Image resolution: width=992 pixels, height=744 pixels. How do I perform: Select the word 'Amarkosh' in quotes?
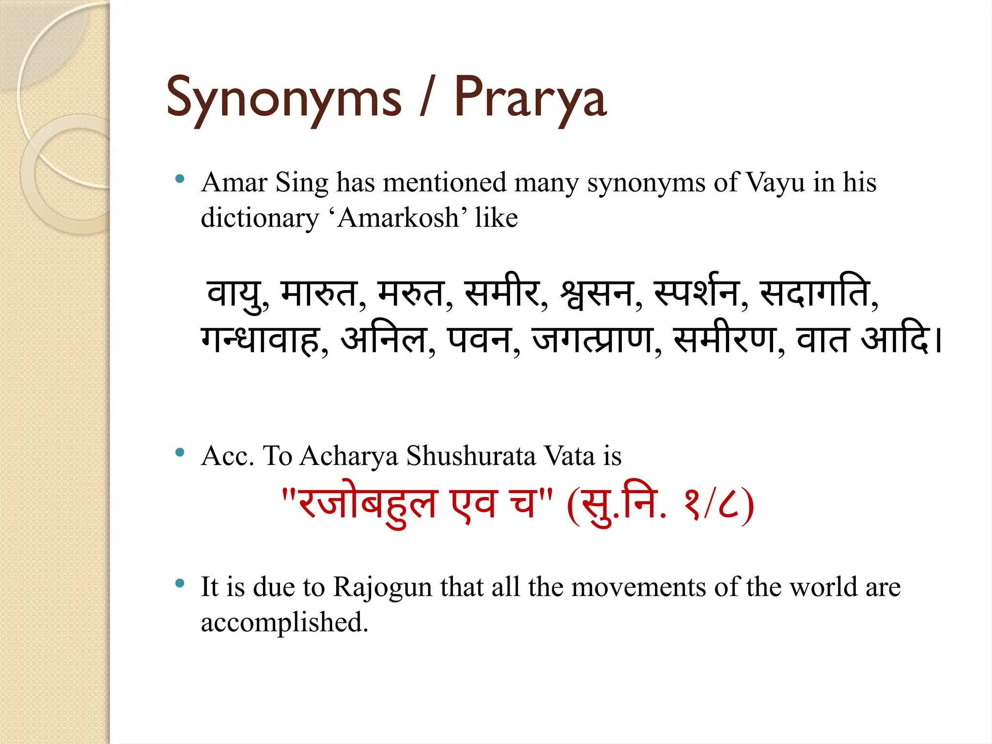coord(398,218)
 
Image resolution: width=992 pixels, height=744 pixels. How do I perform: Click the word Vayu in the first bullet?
coord(775,183)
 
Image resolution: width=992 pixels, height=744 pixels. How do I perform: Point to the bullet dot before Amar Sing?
coord(180,179)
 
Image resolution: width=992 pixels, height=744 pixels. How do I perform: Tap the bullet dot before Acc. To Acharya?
coord(180,452)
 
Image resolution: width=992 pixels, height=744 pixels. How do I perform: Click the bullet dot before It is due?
coord(180,583)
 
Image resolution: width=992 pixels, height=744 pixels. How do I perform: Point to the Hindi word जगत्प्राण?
coord(592,339)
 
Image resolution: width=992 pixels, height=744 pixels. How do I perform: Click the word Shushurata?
coord(470,456)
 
